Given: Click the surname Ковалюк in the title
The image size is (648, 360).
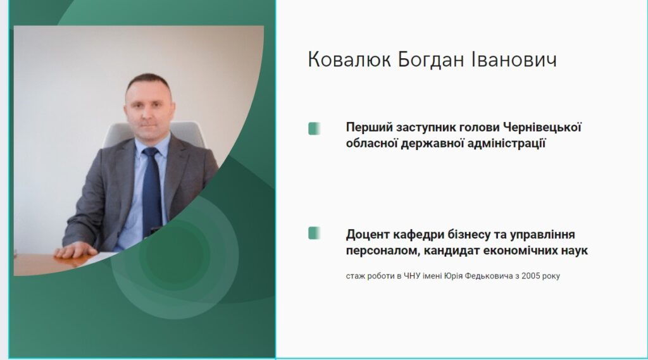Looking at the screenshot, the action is point(349,59).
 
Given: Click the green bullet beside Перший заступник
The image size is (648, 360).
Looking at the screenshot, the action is point(314,128).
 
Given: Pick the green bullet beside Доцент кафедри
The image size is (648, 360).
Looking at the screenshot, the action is point(314,233).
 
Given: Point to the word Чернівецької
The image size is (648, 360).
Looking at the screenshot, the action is point(542,127).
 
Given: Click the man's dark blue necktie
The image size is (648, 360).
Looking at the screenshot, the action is point(151,192).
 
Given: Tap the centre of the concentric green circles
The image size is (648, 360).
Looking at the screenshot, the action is point(175,256).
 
